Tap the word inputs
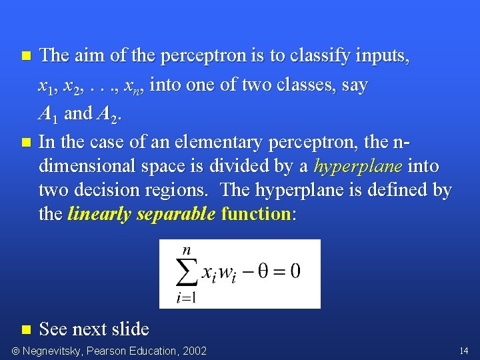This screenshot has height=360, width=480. [x=386, y=56]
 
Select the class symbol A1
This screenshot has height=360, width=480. [x=49, y=115]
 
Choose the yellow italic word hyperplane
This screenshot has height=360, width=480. [x=358, y=166]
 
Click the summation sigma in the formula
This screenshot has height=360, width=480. [x=187, y=273]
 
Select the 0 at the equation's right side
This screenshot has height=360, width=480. [x=294, y=271]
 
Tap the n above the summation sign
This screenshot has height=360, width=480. [x=187, y=250]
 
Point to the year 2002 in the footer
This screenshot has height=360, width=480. [x=194, y=351]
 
